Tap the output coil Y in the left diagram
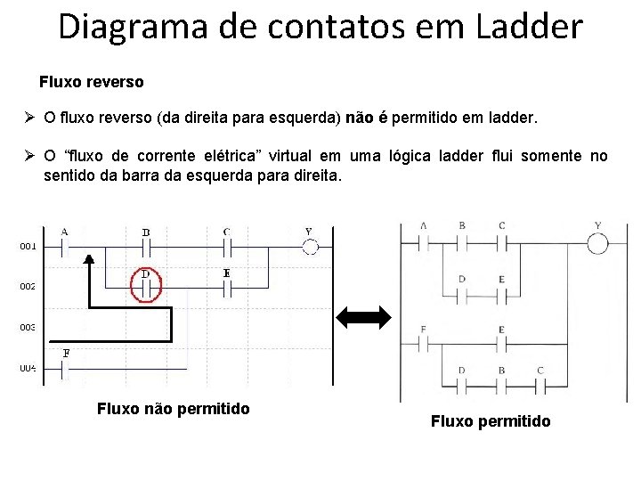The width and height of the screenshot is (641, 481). (x=310, y=246)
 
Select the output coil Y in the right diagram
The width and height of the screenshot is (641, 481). (x=597, y=242)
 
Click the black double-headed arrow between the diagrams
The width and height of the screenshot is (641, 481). (x=363, y=318)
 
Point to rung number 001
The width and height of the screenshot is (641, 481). (x=28, y=246)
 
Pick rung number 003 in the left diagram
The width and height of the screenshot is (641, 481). (x=28, y=328)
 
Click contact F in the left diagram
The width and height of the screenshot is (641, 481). (x=64, y=368)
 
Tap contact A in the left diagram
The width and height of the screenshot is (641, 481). (x=64, y=240)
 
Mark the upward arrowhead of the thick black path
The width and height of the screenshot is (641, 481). (x=88, y=259)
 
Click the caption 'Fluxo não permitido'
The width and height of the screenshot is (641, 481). (x=173, y=409)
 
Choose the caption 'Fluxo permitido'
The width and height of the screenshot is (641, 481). (x=491, y=421)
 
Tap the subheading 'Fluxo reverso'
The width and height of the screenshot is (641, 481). (x=92, y=82)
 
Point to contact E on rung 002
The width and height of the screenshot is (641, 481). (x=227, y=286)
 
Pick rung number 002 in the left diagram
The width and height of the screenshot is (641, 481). (x=28, y=287)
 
